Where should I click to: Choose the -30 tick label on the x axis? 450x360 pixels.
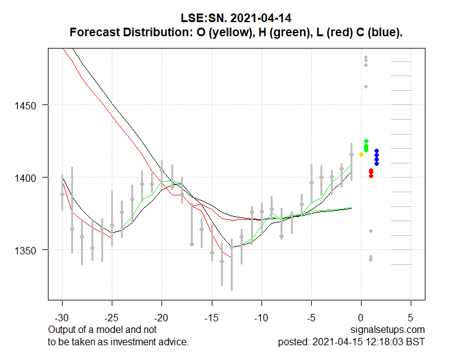(x=62, y=319)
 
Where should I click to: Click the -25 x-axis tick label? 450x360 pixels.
(x=112, y=319)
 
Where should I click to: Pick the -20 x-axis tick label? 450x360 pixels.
(x=161, y=319)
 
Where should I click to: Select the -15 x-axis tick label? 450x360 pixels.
(x=212, y=319)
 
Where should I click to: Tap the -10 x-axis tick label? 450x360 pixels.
(x=262, y=319)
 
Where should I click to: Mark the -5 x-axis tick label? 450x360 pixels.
(x=311, y=319)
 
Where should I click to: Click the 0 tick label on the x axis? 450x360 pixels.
(x=362, y=319)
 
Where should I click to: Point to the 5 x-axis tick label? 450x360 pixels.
(x=411, y=319)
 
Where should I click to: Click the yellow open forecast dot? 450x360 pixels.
(x=362, y=154)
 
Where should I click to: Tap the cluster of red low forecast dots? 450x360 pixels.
(x=371, y=173)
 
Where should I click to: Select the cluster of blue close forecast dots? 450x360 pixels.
(x=376, y=157)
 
